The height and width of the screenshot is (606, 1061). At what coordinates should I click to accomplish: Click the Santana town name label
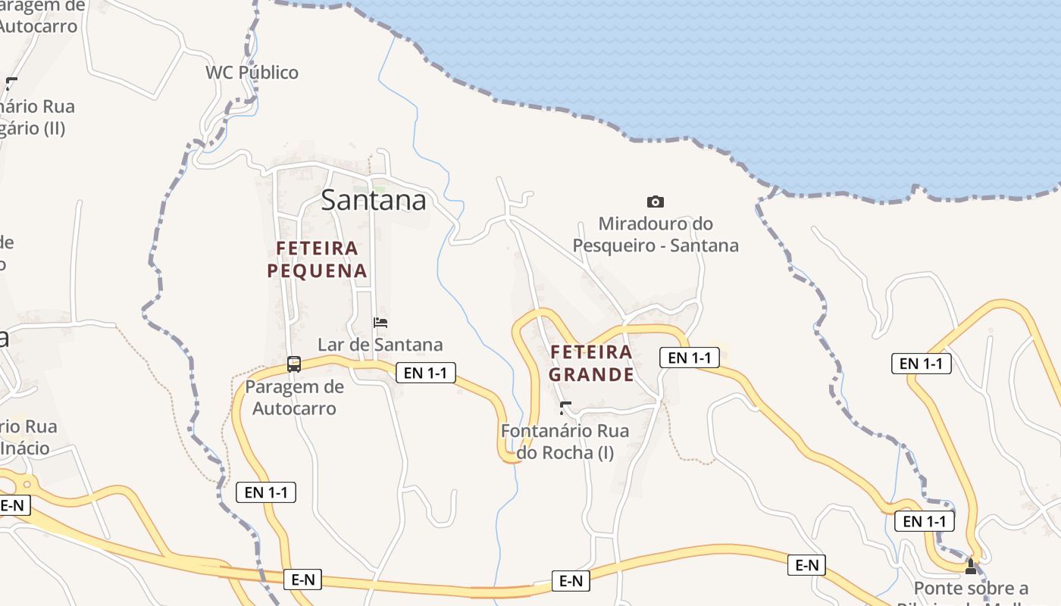click(373, 200)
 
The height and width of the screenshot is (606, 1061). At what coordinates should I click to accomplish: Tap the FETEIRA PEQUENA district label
click(317, 259)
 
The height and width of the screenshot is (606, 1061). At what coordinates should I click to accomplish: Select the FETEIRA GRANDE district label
click(591, 363)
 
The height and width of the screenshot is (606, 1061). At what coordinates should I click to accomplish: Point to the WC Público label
click(252, 73)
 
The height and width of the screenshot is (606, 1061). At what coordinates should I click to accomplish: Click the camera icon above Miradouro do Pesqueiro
click(656, 201)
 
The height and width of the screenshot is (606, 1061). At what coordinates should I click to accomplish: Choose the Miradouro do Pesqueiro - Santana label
click(656, 235)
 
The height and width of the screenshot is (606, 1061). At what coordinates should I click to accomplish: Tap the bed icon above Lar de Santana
click(380, 323)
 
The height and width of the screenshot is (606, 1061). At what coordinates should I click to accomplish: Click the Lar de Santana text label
click(380, 345)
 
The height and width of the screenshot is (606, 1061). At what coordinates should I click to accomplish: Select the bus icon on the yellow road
click(294, 364)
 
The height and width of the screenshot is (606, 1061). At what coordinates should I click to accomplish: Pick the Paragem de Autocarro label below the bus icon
click(294, 398)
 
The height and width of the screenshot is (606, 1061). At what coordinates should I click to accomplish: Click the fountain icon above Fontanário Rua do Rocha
click(565, 409)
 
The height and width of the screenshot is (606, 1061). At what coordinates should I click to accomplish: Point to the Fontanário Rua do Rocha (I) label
click(565, 442)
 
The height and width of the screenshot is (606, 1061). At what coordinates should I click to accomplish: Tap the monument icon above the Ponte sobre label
click(971, 566)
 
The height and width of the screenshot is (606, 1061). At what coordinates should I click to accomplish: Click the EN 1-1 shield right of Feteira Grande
click(689, 358)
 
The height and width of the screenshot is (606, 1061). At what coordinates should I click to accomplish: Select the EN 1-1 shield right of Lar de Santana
click(425, 372)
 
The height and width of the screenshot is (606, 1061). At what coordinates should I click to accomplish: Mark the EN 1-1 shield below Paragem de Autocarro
click(265, 492)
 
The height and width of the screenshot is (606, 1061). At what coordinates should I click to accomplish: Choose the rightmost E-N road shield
click(806, 565)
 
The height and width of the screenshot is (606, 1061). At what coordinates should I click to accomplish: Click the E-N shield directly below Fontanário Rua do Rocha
click(570, 581)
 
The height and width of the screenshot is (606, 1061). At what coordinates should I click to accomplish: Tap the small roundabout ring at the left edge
click(27, 483)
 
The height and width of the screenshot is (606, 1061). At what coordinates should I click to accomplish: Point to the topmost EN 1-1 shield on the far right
click(921, 364)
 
